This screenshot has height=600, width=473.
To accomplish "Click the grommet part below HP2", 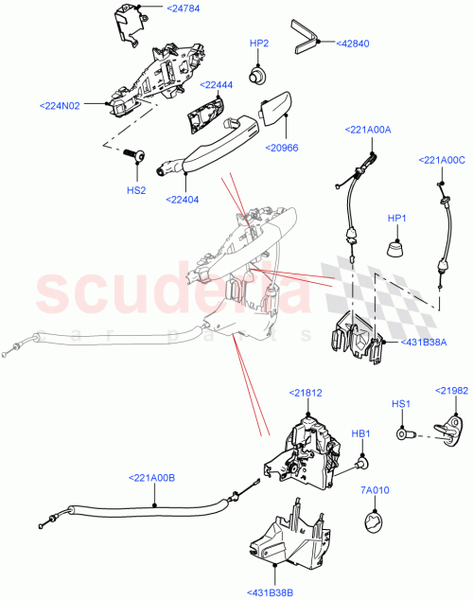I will tap(255, 73).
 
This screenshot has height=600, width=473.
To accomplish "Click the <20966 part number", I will tap(285, 148).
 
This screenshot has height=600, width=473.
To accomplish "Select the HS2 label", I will tap(136, 190).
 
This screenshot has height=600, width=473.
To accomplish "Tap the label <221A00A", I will tap(369, 129).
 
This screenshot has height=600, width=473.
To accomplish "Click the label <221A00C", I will tap(444, 161).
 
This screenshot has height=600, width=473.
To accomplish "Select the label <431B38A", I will tap(425, 342).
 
